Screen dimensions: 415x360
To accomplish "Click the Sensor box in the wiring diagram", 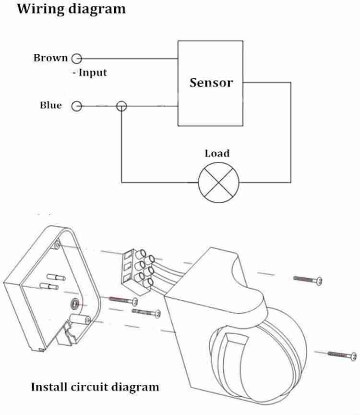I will (211, 83).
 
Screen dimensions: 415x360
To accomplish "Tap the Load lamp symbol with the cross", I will (219, 183).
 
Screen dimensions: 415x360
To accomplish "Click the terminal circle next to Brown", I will (76, 59).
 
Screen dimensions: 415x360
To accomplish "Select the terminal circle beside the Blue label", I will (76, 106).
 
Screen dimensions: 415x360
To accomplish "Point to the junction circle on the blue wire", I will (122, 106).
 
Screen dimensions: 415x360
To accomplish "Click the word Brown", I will (50, 58).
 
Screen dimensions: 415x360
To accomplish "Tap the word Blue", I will (51, 106).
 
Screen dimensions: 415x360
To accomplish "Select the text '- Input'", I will (89, 73).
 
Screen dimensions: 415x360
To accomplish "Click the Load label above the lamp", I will (217, 154).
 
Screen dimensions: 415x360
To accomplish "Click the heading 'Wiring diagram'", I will (72, 9).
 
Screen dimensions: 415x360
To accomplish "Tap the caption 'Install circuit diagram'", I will (95, 386).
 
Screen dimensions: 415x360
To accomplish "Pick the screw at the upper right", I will (308, 279).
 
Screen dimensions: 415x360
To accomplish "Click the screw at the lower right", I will (342, 355).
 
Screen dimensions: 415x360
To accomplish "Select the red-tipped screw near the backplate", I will (122, 300).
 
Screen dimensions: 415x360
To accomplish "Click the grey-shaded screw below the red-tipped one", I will (147, 312).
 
